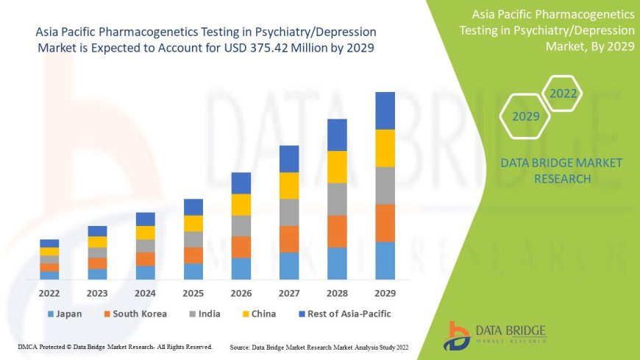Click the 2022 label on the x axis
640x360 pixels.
pyautogui.click(x=49, y=293)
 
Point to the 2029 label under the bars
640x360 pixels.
pyautogui.click(x=385, y=293)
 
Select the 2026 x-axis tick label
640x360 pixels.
pyautogui.click(x=241, y=293)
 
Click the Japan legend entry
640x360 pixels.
pyautogui.click(x=64, y=314)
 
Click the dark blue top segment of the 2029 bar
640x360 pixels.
pyautogui.click(x=385, y=110)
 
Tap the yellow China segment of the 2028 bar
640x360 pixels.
pyautogui.click(x=337, y=167)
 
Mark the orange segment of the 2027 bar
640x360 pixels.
pyautogui.click(x=289, y=239)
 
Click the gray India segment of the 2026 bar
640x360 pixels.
pyautogui.click(x=241, y=225)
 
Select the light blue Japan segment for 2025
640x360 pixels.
pyautogui.click(x=193, y=271)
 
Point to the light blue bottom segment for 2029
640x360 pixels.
pyautogui.click(x=385, y=260)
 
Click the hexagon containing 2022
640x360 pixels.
pyautogui.click(x=563, y=93)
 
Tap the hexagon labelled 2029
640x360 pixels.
pyautogui.click(x=526, y=116)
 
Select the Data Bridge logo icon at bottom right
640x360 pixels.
pyautogui.click(x=458, y=335)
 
